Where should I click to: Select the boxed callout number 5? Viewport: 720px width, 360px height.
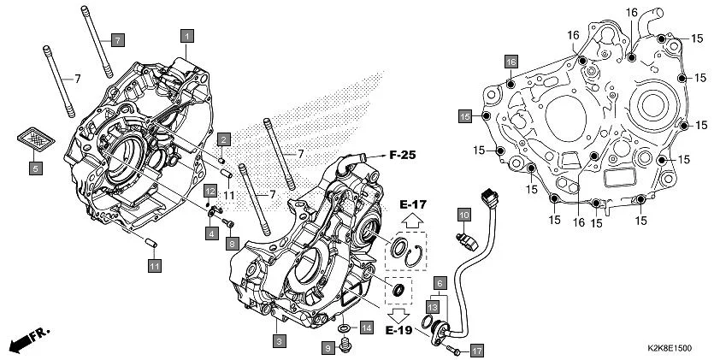[x=36, y=168]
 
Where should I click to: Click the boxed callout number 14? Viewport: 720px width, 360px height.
[x=366, y=328]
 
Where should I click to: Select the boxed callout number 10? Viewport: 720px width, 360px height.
[x=463, y=213]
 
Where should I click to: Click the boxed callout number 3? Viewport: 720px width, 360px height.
[x=278, y=341]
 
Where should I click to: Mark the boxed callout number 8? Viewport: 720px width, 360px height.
[x=231, y=244]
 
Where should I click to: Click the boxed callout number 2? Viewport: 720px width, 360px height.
[x=222, y=139]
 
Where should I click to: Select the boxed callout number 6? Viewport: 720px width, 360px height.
[x=439, y=282]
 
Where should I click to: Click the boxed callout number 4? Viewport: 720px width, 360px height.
[x=210, y=232]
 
